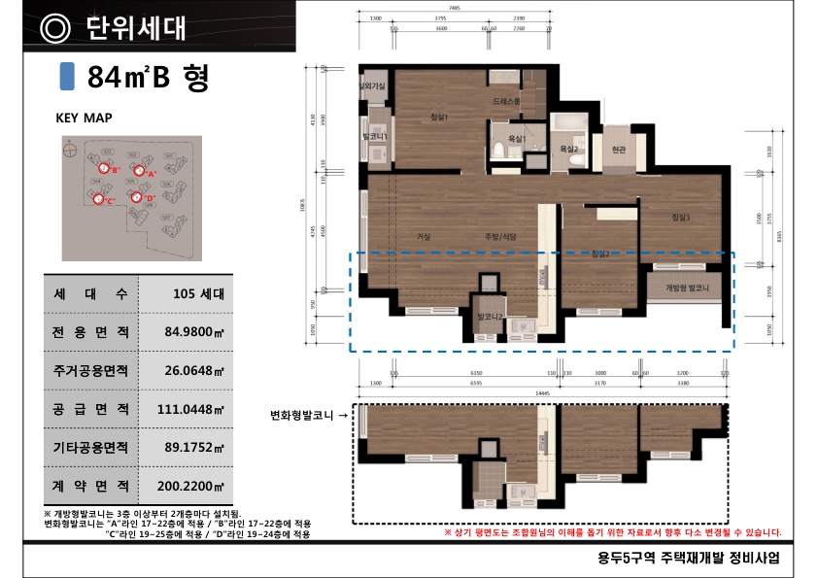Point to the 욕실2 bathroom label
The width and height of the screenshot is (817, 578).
(569, 149)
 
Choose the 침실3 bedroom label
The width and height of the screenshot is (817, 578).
(680, 218)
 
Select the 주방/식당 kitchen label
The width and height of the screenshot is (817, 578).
(500, 236)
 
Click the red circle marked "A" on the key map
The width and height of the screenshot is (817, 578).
(138, 172)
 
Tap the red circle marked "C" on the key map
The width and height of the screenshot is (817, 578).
(98, 199)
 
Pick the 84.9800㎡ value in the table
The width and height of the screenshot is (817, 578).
(194, 332)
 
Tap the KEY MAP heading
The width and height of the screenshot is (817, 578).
(84, 118)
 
